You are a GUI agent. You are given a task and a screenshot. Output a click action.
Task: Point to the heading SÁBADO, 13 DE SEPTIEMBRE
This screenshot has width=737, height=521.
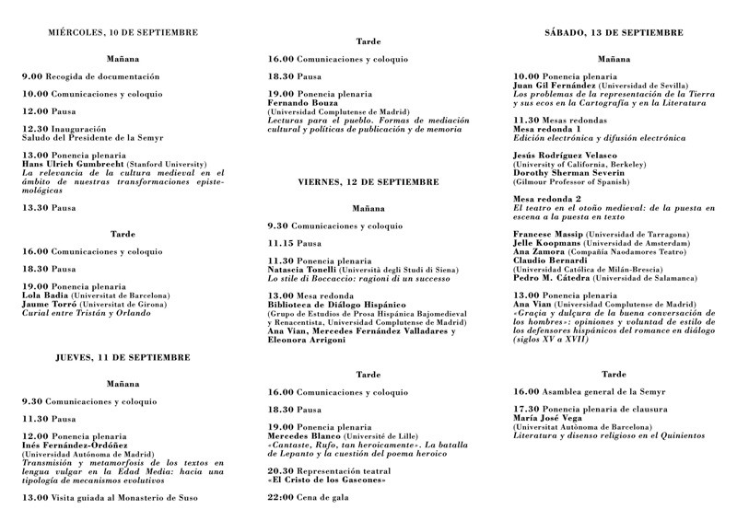coord(614,32)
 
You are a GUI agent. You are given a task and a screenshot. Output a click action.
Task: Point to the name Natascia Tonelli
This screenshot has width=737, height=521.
coord(302,269)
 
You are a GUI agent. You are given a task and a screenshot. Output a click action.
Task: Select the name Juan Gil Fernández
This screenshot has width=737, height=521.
coord(556,85)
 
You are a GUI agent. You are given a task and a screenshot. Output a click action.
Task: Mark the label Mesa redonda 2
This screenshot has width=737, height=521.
coord(547,199)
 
